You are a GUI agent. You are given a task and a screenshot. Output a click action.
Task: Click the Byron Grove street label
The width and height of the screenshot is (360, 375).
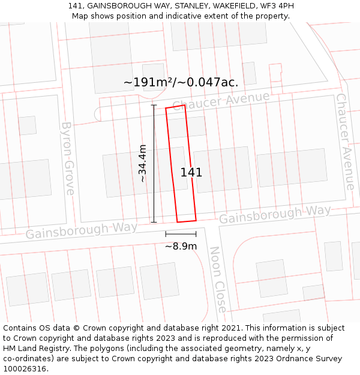tap(68, 158)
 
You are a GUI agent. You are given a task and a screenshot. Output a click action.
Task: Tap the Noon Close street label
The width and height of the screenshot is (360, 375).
tap(218, 279)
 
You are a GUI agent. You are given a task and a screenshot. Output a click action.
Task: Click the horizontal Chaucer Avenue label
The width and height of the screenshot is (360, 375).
tap(221, 101)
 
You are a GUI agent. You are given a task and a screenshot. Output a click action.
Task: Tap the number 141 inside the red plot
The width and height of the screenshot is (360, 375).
tap(191, 173)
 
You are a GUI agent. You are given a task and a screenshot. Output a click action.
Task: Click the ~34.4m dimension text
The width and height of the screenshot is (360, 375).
tap(142, 163)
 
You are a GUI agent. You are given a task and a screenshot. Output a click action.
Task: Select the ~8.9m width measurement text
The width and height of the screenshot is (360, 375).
tap(181, 246)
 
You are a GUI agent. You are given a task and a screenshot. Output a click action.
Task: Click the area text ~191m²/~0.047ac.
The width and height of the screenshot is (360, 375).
tap(181, 82)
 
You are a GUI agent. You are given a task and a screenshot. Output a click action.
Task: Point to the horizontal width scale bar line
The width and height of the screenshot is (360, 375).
tap(181, 234)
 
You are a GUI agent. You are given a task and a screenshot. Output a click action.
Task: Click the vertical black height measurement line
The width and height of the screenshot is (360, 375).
tap(154, 163)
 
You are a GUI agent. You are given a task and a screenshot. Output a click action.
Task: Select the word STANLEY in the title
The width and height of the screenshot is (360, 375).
tap(185, 6)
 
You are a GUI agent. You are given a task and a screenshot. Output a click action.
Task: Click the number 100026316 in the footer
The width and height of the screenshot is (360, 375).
tap(25, 369)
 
